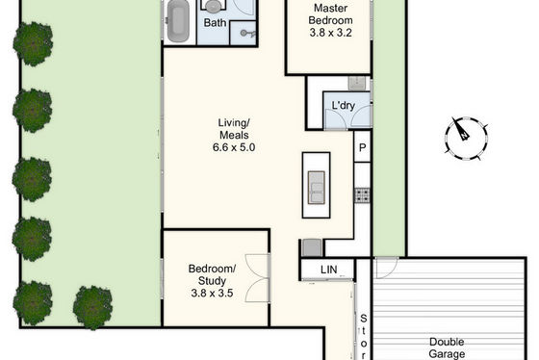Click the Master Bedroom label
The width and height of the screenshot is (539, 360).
(x=330, y=13)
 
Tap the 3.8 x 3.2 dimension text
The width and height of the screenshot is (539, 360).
(x=330, y=33)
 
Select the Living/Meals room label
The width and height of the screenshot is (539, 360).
(x=234, y=129)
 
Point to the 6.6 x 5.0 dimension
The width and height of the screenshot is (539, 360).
(x=234, y=147)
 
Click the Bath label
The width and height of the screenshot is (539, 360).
(x=215, y=23)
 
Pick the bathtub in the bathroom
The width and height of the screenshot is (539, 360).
(x=178, y=21)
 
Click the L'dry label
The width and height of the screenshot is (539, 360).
(x=344, y=106)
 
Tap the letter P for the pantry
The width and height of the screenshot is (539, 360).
(x=362, y=148)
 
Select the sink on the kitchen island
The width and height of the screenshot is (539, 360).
(x=317, y=188)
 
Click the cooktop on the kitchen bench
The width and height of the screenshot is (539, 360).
(x=362, y=195)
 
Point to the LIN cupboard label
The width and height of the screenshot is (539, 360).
(x=328, y=270)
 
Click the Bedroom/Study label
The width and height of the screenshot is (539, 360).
(x=212, y=274)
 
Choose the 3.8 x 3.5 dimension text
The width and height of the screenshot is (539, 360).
(x=212, y=294)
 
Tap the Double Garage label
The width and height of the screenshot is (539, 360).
(x=447, y=347)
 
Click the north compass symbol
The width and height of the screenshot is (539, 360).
(x=466, y=138)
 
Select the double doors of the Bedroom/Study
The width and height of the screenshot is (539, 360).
(x=258, y=278)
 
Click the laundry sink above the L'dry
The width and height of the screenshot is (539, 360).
(x=357, y=83)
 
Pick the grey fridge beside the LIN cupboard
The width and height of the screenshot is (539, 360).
(x=312, y=247)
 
